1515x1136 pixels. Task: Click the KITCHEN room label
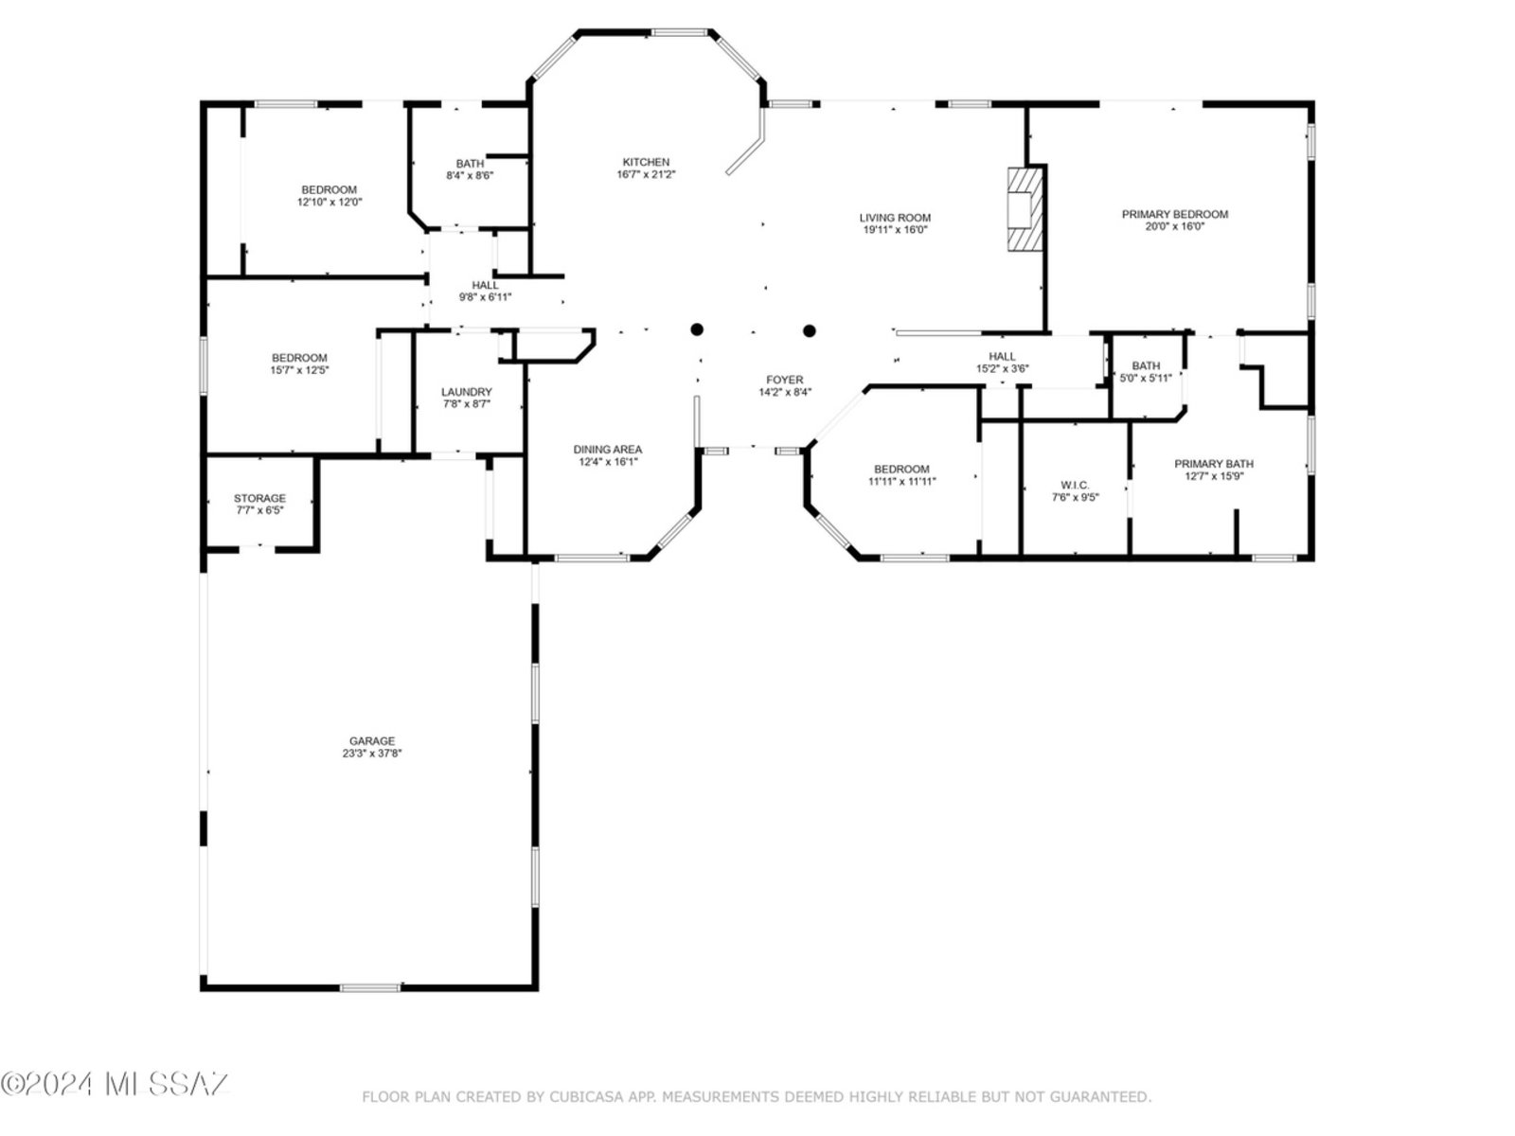tap(646, 162)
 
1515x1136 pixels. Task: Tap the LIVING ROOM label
tap(895, 218)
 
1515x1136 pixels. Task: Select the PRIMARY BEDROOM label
tap(1174, 214)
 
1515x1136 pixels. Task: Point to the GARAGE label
tap(371, 741)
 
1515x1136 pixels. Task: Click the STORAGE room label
tap(259, 497)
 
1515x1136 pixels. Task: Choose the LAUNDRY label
tap(467, 391)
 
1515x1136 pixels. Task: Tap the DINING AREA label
tap(607, 449)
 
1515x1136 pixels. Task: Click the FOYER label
tap(784, 380)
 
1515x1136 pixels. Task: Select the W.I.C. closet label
tap(1075, 485)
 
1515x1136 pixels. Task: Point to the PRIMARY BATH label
tap(1213, 464)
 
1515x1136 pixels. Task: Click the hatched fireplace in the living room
tap(1025, 208)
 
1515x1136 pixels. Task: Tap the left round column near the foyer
tap(696, 329)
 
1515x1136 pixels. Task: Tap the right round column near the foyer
tap(809, 330)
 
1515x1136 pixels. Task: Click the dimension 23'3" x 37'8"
tap(371, 754)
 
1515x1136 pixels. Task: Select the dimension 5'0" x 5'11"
tap(1145, 378)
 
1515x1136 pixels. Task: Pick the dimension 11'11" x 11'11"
tap(901, 482)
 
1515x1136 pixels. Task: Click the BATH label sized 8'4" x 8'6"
tap(470, 164)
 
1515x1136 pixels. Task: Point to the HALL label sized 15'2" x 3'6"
tap(1002, 356)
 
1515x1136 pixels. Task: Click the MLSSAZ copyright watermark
tap(115, 1084)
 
